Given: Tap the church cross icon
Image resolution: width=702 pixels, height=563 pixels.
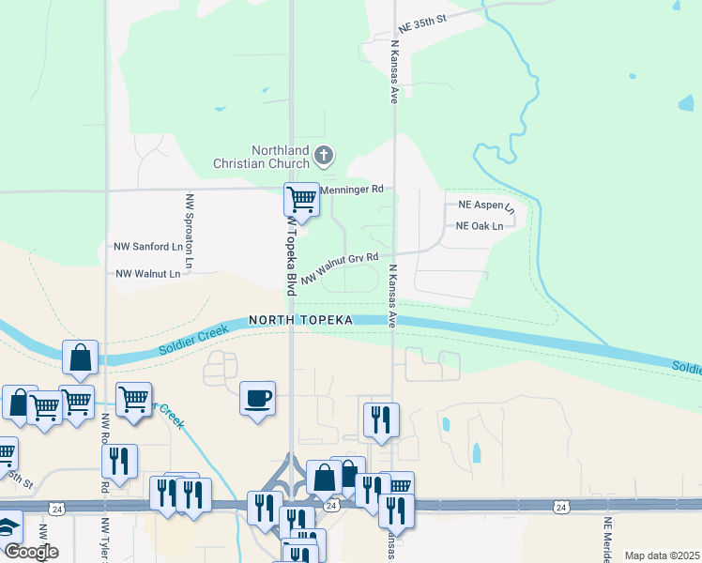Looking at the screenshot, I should pos(324,155).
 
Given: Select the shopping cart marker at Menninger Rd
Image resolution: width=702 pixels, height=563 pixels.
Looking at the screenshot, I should pos(301,199).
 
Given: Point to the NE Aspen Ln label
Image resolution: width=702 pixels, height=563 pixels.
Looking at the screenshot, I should pos(486,205).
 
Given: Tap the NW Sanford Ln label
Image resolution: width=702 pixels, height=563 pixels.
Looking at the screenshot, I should pos(147,247).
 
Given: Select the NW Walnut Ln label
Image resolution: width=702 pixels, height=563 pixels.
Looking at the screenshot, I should pos(147,274).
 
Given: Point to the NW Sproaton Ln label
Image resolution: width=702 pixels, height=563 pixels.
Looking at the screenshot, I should pos(189,233).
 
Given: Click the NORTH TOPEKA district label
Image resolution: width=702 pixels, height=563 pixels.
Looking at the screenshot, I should pos(300,320).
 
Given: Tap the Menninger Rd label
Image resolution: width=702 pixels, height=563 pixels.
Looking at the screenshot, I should pos(352,189).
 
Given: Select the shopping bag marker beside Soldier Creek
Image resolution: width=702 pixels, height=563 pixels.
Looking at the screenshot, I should pos(81,357).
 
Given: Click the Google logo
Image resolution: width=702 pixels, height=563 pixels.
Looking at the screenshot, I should pos(31,551).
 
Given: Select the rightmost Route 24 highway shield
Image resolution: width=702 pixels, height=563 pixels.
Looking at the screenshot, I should pos(560,507).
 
